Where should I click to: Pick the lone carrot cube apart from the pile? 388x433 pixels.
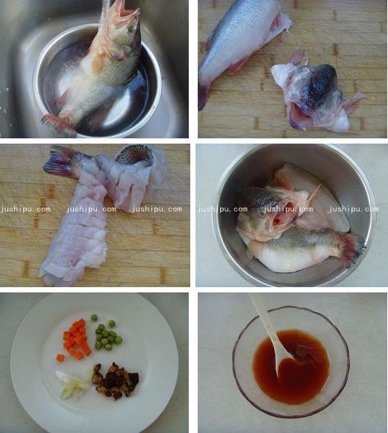60,357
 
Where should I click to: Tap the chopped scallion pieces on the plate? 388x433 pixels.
73,383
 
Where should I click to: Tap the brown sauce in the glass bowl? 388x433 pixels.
298,374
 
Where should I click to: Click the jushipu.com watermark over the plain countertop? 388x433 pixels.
353,209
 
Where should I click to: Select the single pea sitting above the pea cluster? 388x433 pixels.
94,318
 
